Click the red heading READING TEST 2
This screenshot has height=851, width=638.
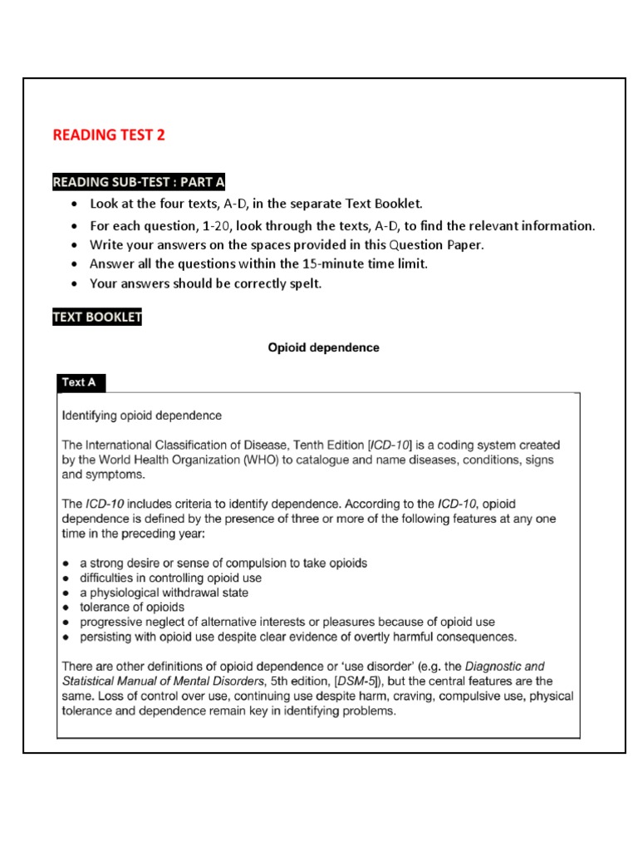pos(109,135)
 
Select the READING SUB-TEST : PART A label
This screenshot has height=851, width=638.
pos(139,182)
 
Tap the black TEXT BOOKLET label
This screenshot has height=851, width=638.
pos(97,317)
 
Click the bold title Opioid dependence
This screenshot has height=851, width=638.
pos(323,347)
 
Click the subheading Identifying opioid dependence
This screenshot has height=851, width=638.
pos(142,415)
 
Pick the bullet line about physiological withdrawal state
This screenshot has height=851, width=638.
pos(164,593)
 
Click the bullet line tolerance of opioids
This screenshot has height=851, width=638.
pos(132,607)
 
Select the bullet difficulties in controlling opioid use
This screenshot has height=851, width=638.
pos(170,578)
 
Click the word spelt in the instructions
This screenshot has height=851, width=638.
pos(302,283)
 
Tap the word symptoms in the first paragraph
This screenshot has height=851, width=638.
pos(122,475)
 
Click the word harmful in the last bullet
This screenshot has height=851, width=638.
pos(420,637)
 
